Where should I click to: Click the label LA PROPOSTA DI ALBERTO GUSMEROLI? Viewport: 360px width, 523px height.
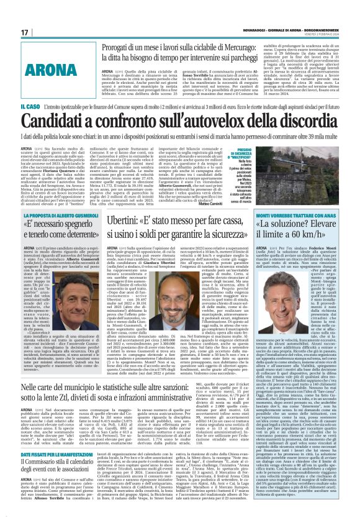tap(60, 204)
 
